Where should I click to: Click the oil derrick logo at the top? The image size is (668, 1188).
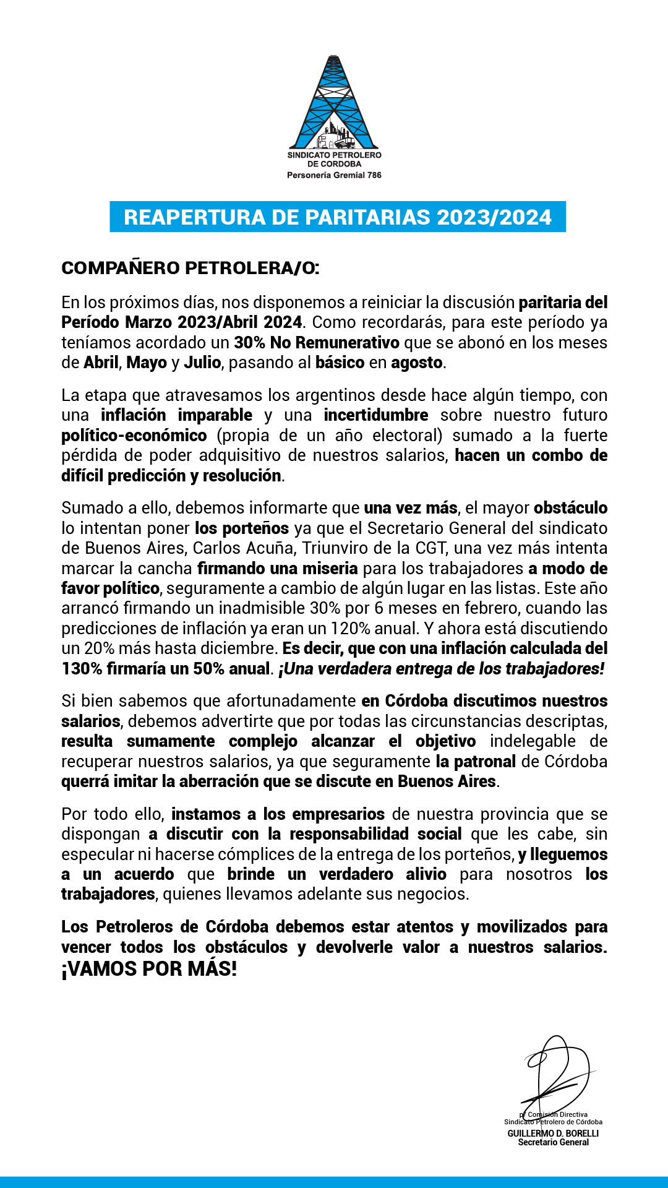334,102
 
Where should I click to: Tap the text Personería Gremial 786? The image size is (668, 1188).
334,175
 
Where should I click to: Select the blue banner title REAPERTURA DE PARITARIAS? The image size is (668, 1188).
337,217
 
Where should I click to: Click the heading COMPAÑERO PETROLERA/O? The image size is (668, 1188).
191,268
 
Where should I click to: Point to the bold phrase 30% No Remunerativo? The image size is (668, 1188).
317,343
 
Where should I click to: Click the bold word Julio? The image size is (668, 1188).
202,363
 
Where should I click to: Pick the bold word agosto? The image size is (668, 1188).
417,363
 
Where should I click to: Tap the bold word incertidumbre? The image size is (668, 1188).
375,415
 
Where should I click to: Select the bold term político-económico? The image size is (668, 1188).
134,436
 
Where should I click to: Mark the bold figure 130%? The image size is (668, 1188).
81,669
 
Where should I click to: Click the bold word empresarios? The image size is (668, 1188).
338,814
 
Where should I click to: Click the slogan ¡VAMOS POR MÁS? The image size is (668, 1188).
149,969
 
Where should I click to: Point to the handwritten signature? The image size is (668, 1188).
554,1074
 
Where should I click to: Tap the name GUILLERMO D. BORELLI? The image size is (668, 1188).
553,1133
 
